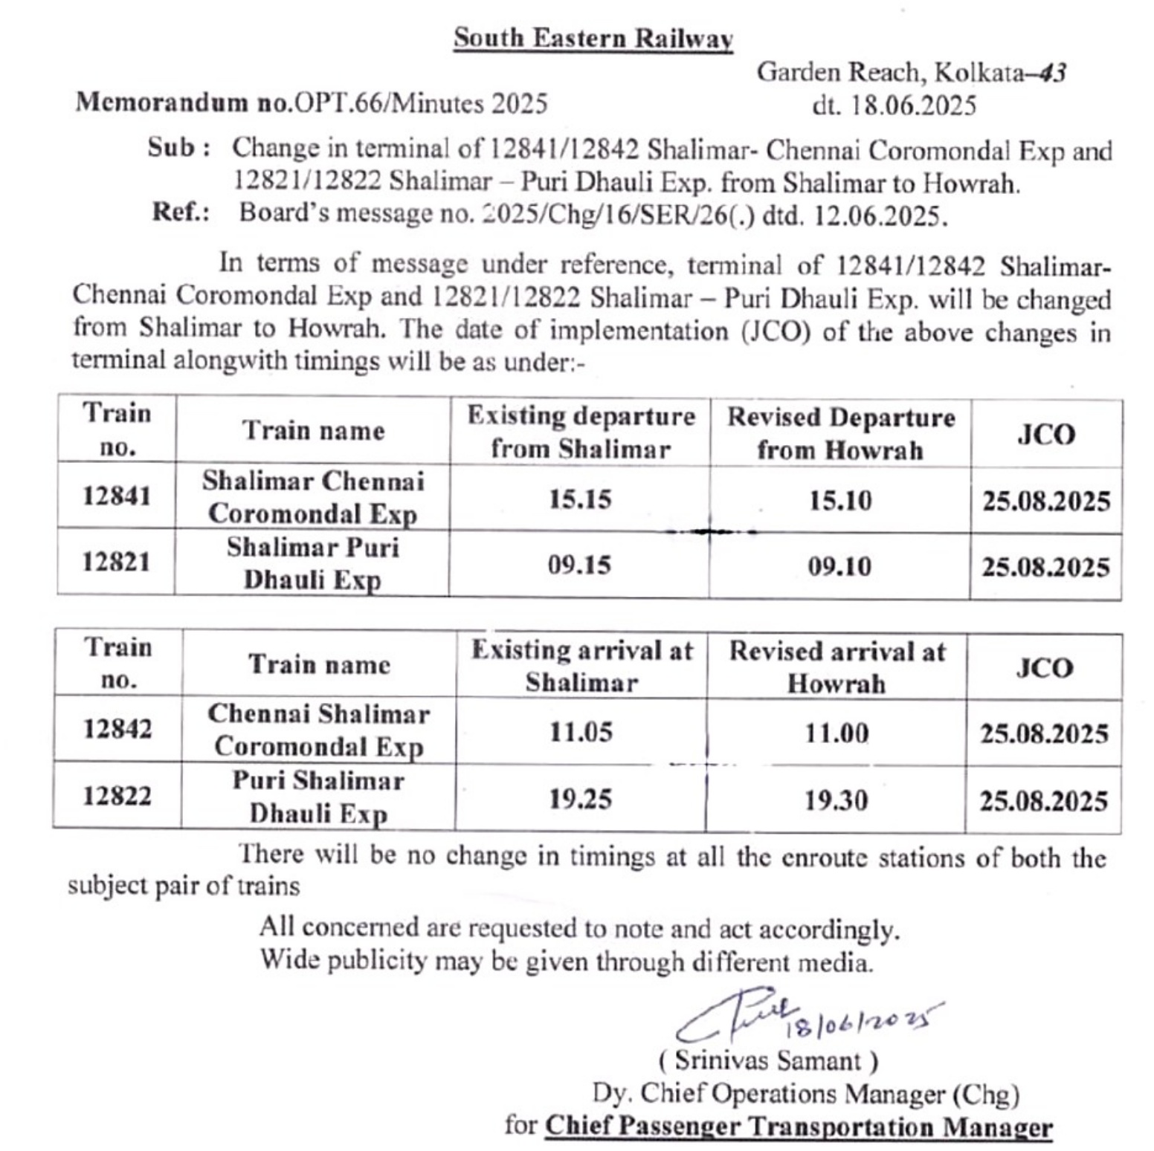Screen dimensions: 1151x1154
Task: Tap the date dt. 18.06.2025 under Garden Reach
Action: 894,106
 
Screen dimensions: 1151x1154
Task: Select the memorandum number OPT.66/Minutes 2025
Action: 421,103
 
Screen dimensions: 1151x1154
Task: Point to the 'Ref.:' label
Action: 181,213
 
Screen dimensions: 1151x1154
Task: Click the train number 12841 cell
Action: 117,496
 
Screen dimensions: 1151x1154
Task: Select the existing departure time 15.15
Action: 580,499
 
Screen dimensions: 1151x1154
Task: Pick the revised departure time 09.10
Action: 839,567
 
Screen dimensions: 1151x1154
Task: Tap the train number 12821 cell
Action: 116,562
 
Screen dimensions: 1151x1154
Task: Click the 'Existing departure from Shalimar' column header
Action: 581,432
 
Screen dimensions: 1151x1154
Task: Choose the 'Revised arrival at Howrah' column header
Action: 837,667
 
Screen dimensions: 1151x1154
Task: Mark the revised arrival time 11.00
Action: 837,733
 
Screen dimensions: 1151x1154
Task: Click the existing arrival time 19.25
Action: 581,800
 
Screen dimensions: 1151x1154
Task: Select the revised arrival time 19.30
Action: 837,801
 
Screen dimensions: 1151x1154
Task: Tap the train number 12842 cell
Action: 117,729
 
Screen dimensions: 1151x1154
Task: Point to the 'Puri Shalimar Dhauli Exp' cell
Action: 318,797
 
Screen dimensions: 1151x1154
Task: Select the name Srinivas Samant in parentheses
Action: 768,1060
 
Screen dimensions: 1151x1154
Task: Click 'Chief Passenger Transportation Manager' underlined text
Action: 799,1126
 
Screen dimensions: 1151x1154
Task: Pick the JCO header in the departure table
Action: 1045,435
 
